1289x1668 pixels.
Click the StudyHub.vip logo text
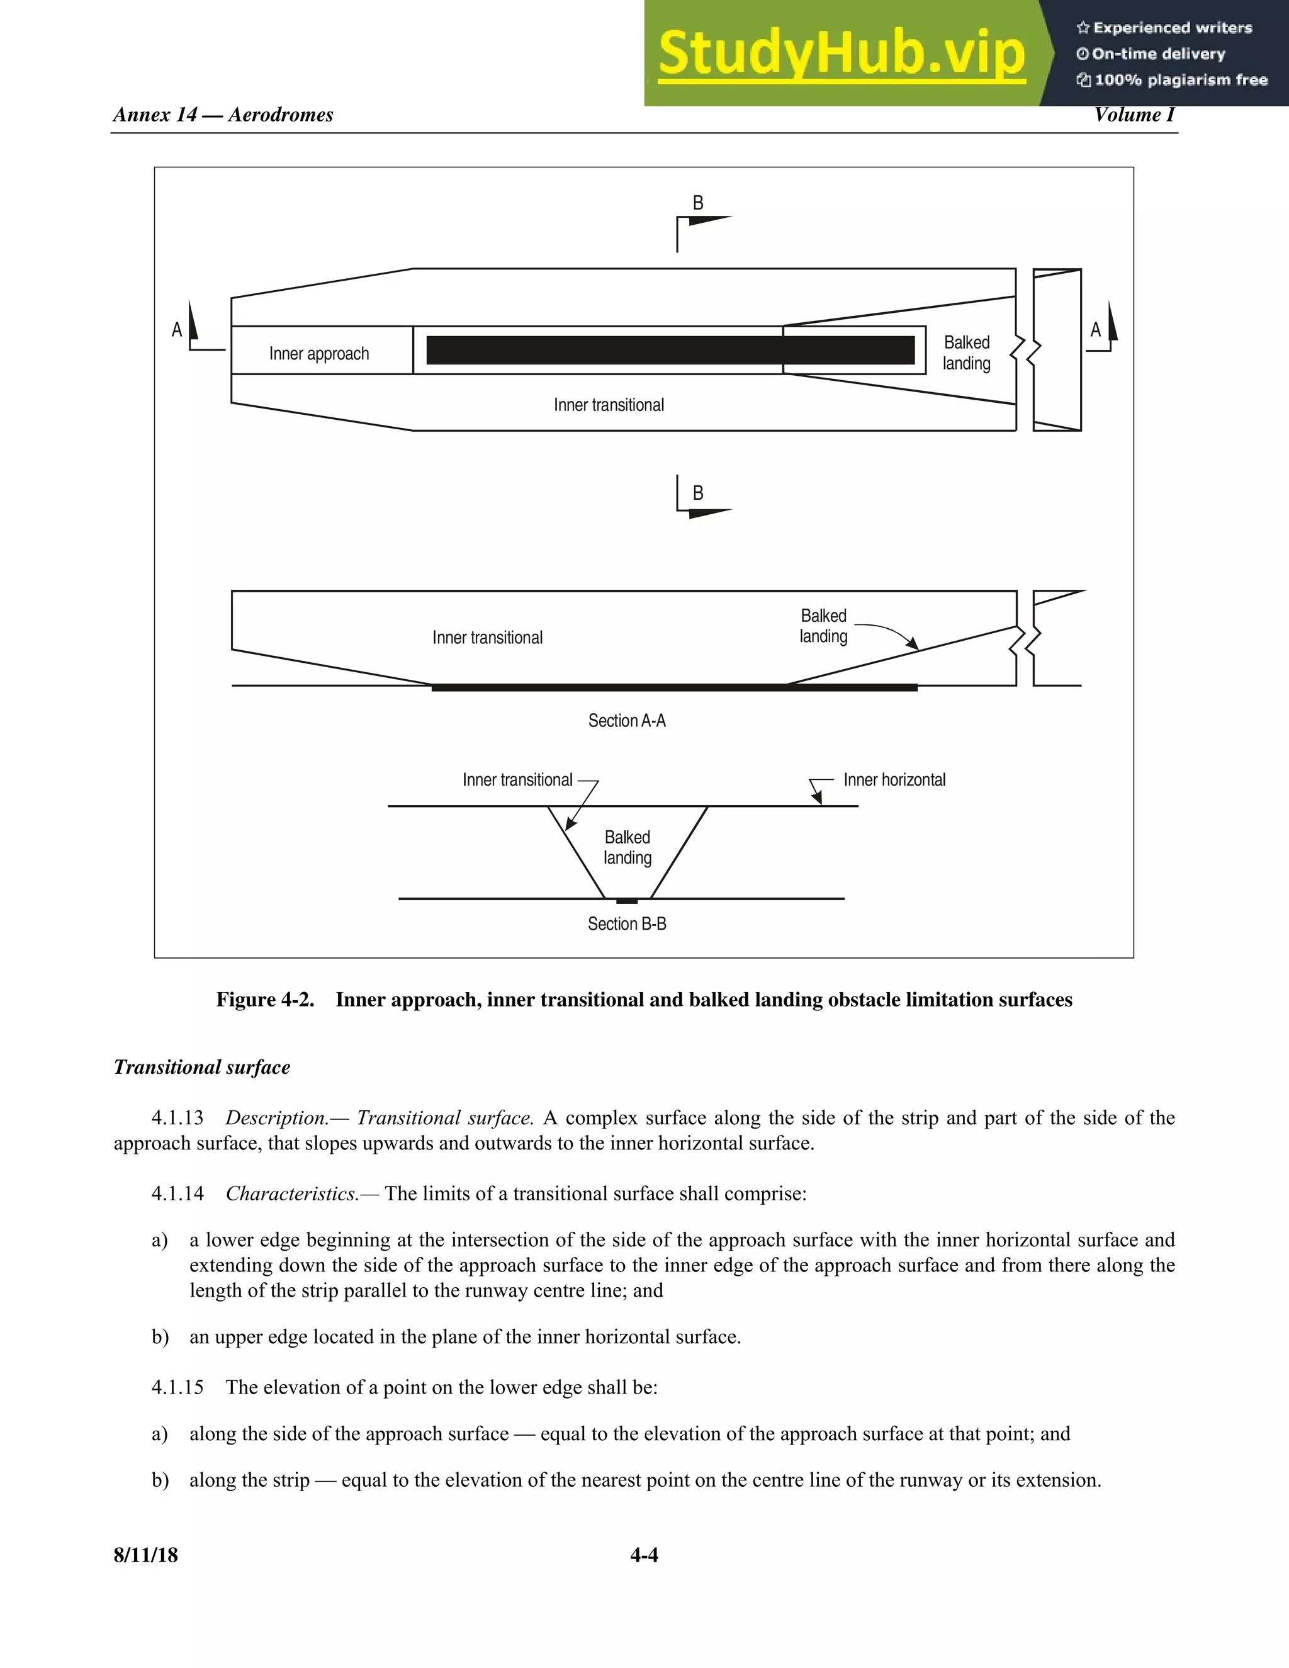click(841, 54)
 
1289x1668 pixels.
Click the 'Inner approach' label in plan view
click(318, 354)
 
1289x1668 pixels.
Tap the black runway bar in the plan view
click(670, 350)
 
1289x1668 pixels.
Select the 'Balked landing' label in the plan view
click(966, 353)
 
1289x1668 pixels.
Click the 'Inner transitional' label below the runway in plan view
click(609, 405)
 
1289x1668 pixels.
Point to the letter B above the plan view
click(697, 203)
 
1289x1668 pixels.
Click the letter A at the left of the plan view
click(176, 330)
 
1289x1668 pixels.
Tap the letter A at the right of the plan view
click(1095, 330)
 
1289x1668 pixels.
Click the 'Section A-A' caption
click(626, 721)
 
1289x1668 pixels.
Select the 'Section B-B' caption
click(626, 924)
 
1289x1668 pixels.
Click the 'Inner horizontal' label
click(894, 780)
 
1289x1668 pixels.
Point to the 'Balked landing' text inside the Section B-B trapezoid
click(627, 848)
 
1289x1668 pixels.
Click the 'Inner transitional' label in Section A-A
click(487, 638)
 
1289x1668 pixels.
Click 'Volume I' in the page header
click(1134, 115)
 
